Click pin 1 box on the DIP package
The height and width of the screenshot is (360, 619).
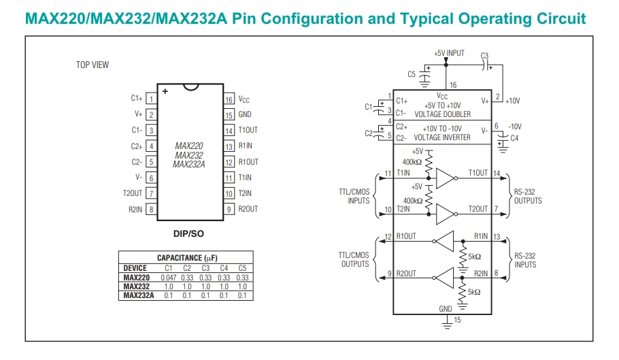pos(151,98)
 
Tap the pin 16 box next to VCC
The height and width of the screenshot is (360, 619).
pos(229,99)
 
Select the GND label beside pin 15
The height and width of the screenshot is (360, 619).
pos(245,114)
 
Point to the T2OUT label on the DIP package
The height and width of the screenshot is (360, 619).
pos(132,193)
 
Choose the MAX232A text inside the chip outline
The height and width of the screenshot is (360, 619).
pos(188,165)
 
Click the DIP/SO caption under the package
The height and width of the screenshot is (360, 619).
pos(188,233)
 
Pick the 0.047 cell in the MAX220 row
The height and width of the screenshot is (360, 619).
pos(169,278)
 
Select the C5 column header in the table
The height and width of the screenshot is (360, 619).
pos(242,268)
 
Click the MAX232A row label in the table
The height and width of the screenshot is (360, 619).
pos(139,295)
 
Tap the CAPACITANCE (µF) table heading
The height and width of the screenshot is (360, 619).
pos(187,258)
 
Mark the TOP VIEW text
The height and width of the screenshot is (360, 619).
pos(93,65)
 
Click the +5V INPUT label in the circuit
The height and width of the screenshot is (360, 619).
pos(449,53)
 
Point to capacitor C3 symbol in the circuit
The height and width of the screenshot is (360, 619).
pos(486,65)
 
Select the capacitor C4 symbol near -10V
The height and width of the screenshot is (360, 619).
pos(503,142)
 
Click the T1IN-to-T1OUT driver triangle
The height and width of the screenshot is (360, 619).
pos(446,178)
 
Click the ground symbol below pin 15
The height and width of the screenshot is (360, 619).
pos(447,325)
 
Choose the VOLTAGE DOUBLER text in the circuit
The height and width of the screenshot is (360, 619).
pos(443,114)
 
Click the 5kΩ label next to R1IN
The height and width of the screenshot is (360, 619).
pos(475,257)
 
